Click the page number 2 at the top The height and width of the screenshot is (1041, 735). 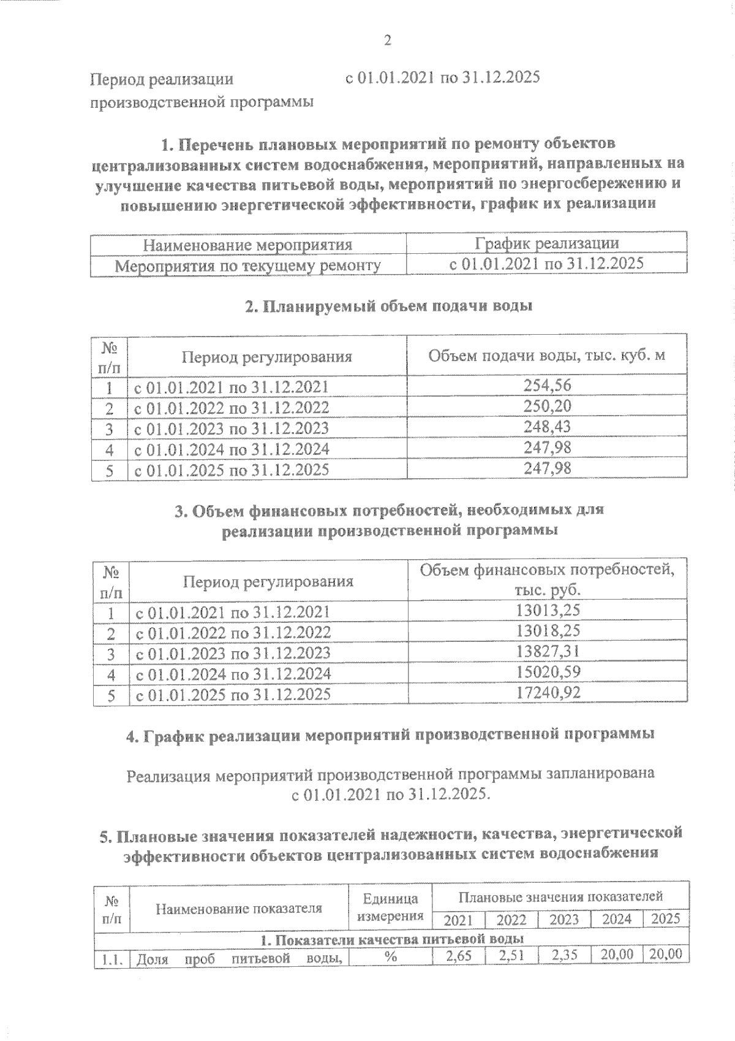387,40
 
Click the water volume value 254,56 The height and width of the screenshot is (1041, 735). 548,385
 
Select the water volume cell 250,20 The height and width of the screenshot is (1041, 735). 548,406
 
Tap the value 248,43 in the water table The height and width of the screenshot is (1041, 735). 548,427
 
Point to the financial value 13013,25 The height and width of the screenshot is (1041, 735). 548,610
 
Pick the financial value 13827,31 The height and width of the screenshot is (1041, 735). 548,651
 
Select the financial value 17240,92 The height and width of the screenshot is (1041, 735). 548,693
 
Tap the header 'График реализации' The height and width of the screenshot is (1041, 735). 547,243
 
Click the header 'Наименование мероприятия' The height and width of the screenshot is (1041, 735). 248,245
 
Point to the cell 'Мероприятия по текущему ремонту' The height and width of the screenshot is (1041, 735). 248,265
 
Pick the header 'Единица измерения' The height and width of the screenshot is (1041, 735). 390,907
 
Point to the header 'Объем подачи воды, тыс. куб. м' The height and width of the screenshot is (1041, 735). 546,356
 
